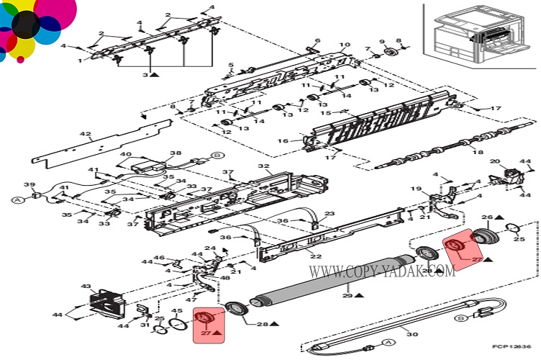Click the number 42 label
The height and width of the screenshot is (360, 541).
(x=86, y=135)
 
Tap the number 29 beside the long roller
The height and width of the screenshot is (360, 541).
(x=347, y=295)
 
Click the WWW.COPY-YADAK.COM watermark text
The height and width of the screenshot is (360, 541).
(x=382, y=271)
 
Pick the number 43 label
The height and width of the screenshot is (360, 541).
(x=86, y=287)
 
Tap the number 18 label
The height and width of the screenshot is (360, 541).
(x=474, y=152)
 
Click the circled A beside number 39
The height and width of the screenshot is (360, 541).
(x=17, y=199)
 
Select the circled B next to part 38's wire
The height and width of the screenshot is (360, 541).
(x=216, y=154)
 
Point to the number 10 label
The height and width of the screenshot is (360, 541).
(x=346, y=45)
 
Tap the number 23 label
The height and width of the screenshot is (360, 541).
(x=329, y=214)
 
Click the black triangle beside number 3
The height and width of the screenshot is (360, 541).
(x=155, y=75)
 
